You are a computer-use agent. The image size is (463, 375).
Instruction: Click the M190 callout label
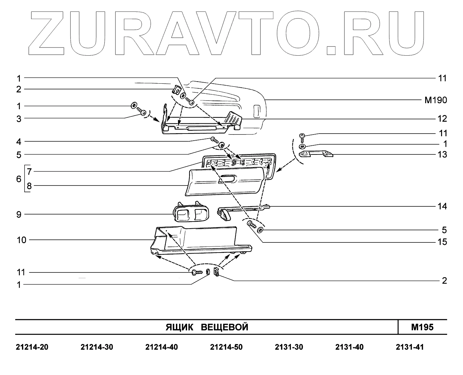coord(436,100)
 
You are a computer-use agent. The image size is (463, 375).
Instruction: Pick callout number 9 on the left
coord(19,214)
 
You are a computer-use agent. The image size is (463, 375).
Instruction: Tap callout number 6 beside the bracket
coord(19,179)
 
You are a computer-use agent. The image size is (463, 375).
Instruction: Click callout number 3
coord(19,119)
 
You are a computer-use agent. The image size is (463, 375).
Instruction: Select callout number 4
coord(19,141)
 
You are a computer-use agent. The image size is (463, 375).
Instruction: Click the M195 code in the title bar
coord(422,327)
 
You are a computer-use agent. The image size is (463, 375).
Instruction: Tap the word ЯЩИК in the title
coord(179,327)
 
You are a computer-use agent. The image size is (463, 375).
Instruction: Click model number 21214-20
coord(32,347)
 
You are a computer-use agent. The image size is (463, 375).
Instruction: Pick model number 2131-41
coord(410,347)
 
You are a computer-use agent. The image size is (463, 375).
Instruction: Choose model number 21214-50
coord(226,347)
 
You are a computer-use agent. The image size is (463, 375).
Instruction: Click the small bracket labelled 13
coord(316,154)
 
